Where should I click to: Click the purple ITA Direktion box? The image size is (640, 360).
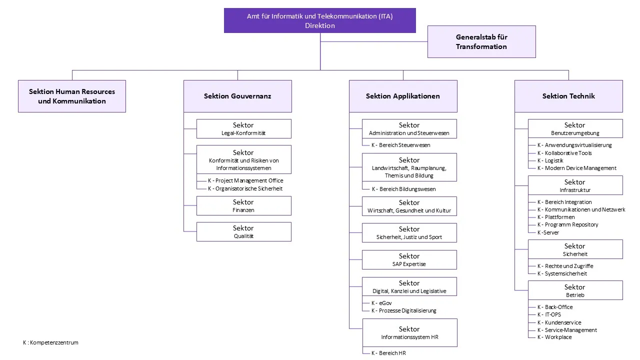coord(319,20)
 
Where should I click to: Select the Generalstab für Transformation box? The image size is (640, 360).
coord(481,41)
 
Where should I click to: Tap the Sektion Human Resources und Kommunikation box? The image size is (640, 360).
coord(72,96)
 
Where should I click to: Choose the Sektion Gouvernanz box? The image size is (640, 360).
coord(237,96)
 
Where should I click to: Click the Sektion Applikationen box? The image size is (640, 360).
coord(403,96)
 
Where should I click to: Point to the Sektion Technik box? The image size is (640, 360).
coord(568,96)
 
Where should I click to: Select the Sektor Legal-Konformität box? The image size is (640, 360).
coord(243,129)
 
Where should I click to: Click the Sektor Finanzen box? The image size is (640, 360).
coord(243,205)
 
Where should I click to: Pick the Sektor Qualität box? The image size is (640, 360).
coord(243,231)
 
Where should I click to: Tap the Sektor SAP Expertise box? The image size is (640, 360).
coord(409,259)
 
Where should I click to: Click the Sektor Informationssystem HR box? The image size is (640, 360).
coord(409,333)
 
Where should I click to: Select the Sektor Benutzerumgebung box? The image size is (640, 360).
coord(575,128)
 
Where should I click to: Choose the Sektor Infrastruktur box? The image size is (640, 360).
coord(575,185)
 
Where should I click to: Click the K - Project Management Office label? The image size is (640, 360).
coord(245,180)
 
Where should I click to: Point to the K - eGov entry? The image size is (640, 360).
coord(381,303)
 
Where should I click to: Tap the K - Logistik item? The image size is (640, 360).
coord(550,160)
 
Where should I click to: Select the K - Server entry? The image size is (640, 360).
coord(548,232)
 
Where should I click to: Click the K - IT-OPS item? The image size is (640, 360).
coord(549,314)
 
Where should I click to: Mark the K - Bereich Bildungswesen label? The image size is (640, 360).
coord(403,189)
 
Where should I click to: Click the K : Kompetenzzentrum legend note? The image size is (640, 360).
coord(50,342)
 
